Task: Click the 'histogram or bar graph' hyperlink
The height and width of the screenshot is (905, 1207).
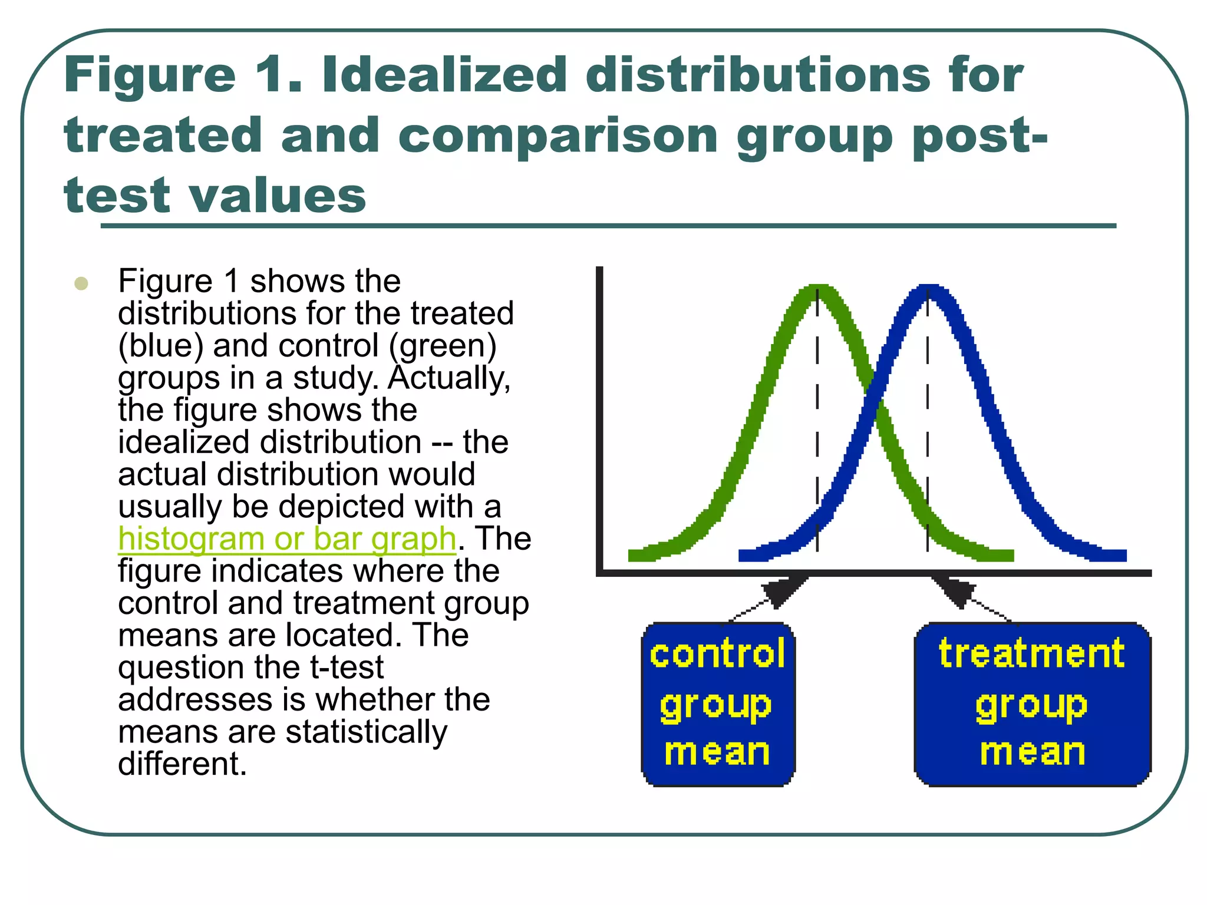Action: (287, 539)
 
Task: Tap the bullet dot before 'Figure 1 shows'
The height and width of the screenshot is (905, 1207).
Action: (81, 283)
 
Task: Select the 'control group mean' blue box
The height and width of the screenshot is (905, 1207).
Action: (718, 703)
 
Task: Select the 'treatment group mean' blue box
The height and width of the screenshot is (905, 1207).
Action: (1032, 703)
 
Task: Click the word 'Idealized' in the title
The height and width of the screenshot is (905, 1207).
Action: (445, 75)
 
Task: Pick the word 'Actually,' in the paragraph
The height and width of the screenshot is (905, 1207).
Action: (449, 378)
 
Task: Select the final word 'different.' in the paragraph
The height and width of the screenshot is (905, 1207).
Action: (182, 764)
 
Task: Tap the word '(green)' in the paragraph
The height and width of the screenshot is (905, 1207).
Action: (443, 346)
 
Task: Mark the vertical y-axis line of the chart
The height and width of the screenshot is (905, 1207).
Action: (599, 412)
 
